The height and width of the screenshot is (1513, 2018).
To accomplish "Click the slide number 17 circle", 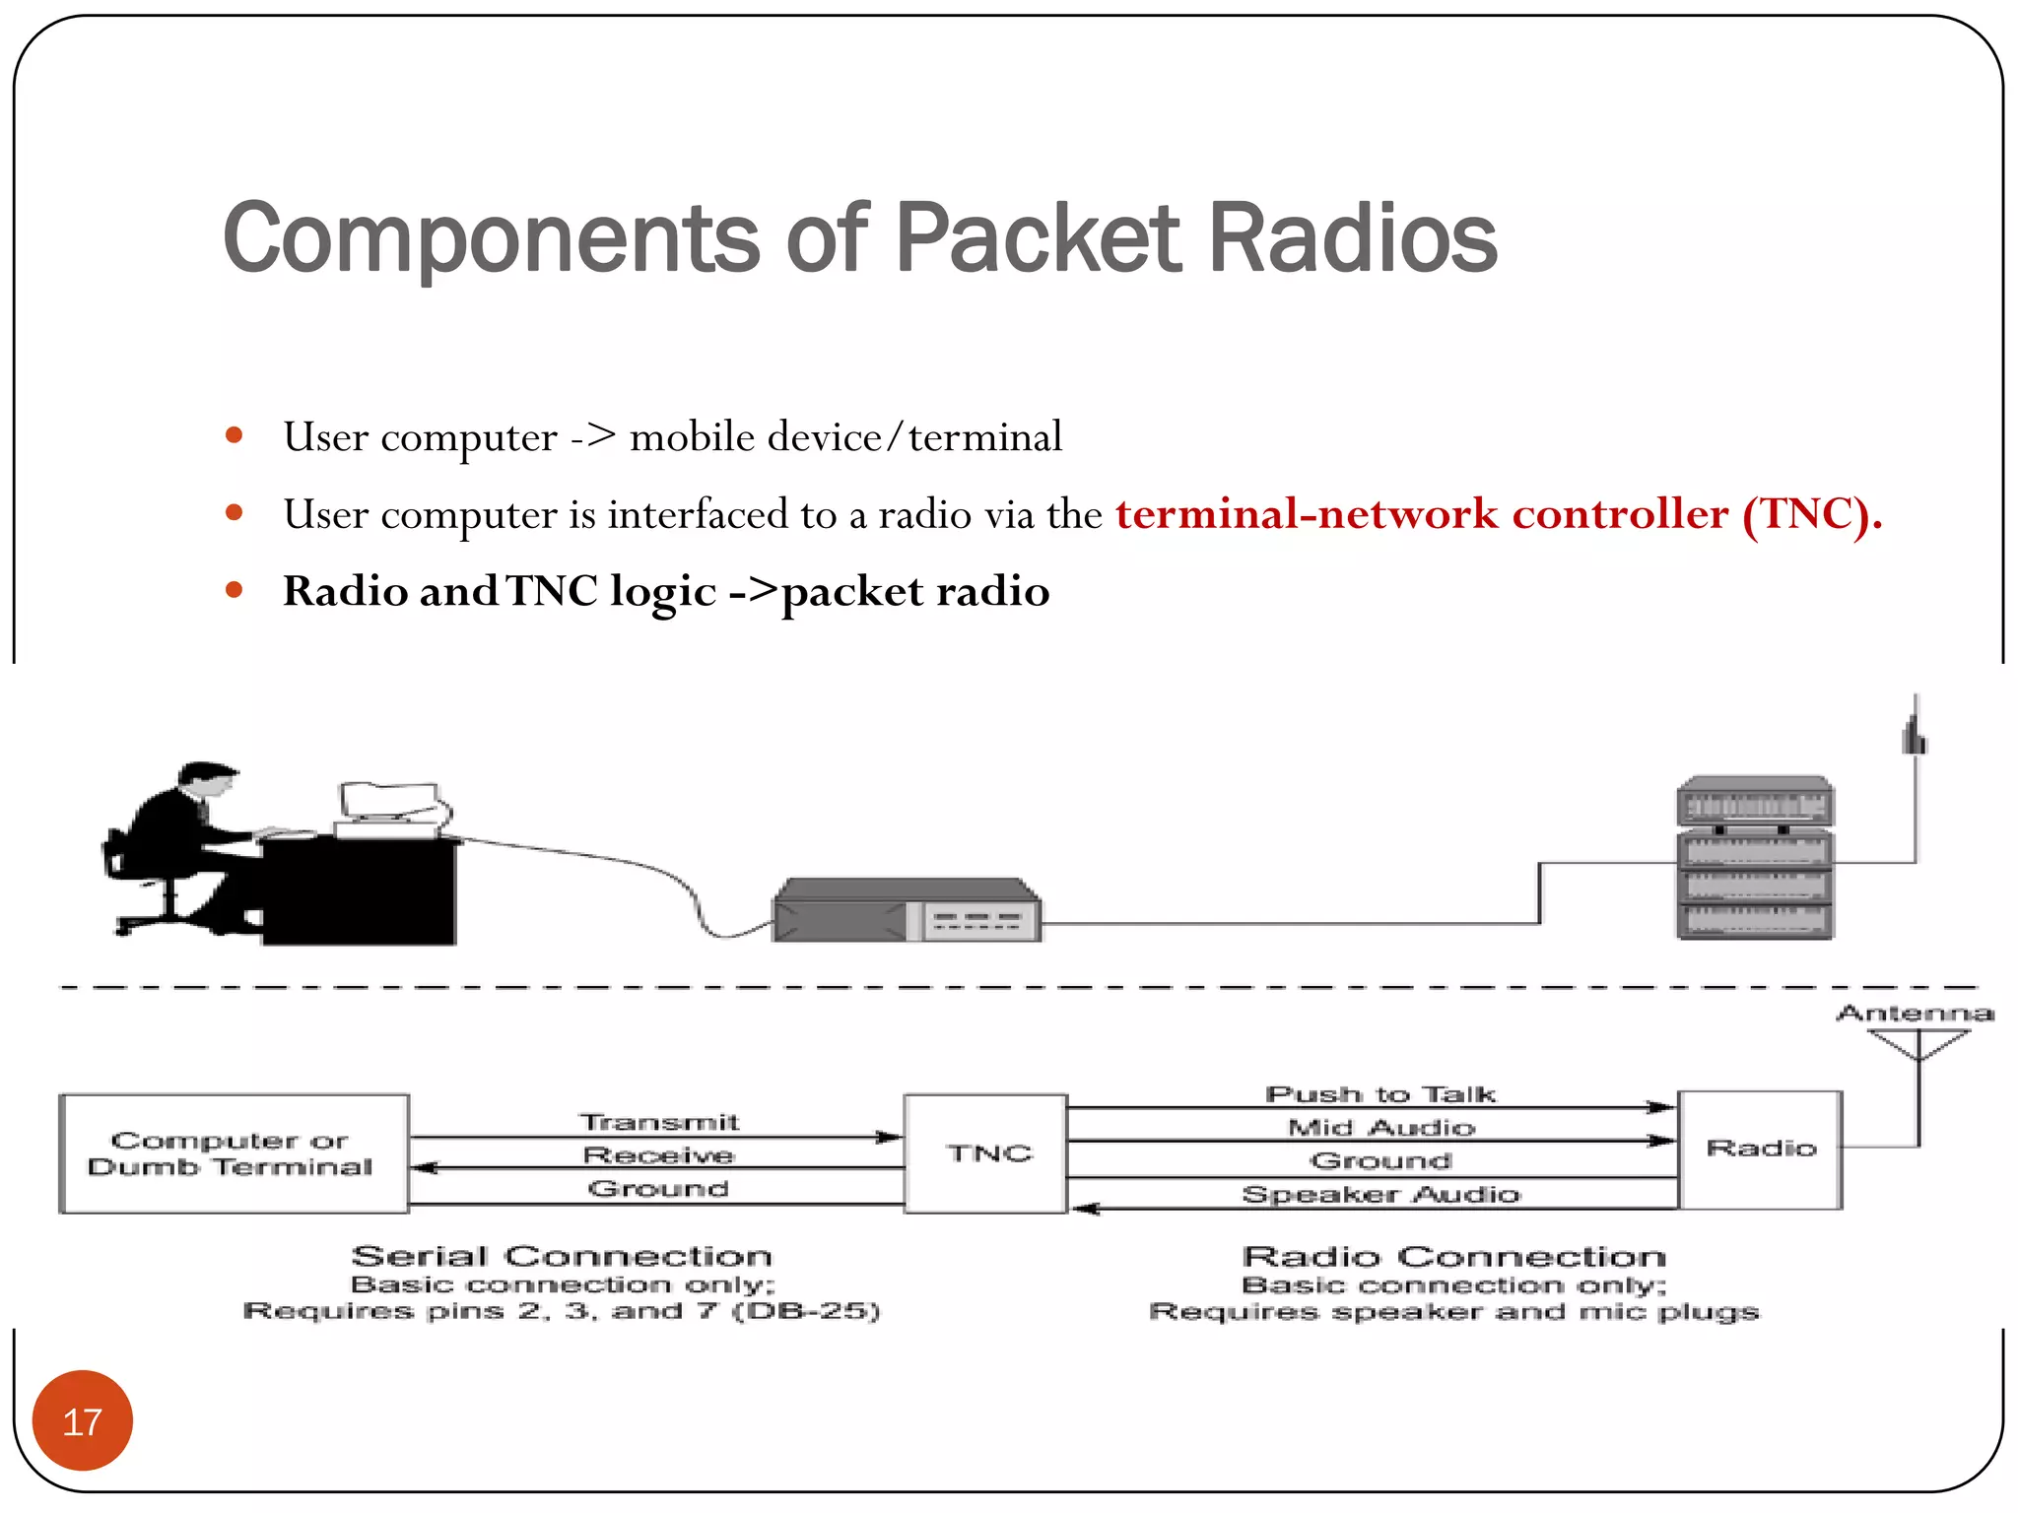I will tap(83, 1420).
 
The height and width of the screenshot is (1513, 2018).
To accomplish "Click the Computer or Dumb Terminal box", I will tap(234, 1153).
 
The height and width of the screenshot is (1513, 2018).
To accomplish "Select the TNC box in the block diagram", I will tap(986, 1152).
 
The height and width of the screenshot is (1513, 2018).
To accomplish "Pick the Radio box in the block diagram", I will tap(1760, 1149).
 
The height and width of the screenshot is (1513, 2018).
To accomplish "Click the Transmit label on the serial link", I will tap(658, 1122).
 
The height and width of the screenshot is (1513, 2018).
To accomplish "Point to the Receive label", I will tap(658, 1154).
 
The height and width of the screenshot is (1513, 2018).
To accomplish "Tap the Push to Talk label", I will tap(1379, 1094).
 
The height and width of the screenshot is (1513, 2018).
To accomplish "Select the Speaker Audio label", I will tap(1379, 1194).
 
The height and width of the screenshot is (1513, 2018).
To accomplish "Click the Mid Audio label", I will tap(1379, 1127).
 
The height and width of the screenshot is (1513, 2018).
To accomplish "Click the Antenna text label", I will tap(1915, 1013).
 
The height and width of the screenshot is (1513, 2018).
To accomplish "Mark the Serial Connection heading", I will tap(562, 1256).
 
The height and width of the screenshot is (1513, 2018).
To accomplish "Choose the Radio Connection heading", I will tap(1453, 1256).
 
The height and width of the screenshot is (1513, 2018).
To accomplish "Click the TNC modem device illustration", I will tap(906, 911).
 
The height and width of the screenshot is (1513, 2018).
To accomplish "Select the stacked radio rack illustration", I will tap(1754, 858).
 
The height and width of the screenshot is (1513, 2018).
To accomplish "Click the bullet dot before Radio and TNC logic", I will tap(234, 590).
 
